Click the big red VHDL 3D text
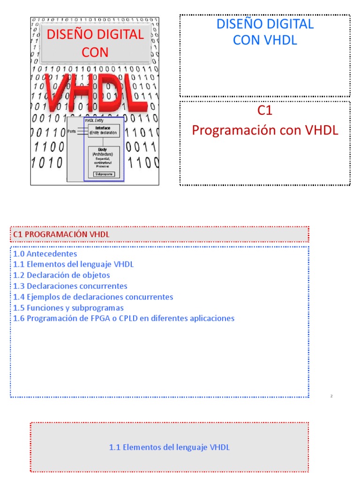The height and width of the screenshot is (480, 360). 96,93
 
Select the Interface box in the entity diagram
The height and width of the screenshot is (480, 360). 103,130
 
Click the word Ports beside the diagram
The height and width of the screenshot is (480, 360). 72,131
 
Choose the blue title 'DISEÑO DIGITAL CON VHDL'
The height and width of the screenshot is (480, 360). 265,32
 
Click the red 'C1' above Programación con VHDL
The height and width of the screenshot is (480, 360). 265,111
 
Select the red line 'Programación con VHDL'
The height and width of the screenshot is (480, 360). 265,130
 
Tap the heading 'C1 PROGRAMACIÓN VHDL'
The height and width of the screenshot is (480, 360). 61,234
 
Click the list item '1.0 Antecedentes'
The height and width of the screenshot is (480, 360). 45,254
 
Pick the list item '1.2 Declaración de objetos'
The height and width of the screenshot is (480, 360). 61,275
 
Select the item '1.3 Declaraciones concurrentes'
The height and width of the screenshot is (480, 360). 70,286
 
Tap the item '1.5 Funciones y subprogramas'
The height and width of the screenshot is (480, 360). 68,307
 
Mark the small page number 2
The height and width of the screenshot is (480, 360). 331,396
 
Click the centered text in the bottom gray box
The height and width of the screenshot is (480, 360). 169,447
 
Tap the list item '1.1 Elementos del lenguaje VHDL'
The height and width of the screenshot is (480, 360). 74,264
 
